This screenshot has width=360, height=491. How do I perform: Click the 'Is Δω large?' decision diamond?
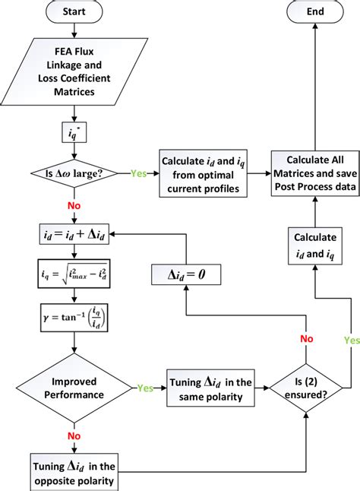(x=73, y=173)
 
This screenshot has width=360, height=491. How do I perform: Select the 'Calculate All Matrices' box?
(x=314, y=173)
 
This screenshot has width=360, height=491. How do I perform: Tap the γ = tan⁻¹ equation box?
(x=73, y=313)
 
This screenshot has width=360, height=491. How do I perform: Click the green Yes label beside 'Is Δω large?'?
(x=138, y=173)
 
